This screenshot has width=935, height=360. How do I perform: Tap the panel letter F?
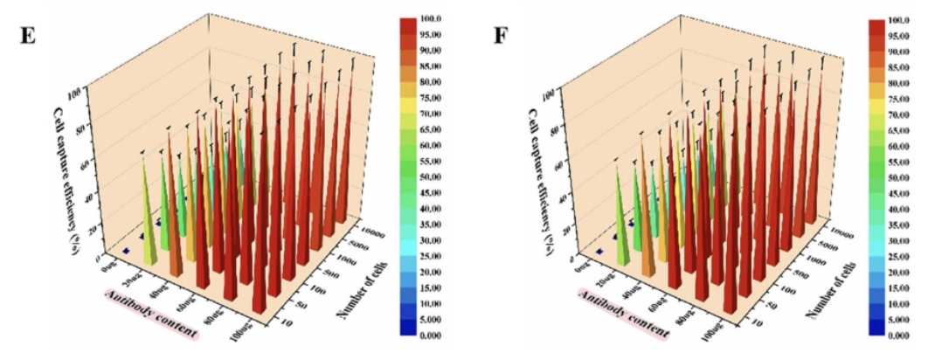pos(502,38)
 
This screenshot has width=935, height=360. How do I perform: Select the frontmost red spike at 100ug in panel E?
pos(260,288)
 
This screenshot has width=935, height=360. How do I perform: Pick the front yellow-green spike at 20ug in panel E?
pos(149,236)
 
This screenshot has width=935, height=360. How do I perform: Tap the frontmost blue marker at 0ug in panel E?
pos(127,252)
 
